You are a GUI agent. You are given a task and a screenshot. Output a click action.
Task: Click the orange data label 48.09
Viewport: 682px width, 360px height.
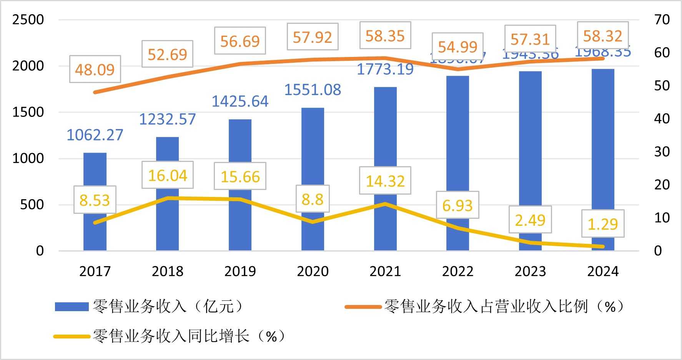point(95,70)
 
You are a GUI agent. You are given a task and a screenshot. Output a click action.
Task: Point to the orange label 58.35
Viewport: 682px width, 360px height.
point(385,36)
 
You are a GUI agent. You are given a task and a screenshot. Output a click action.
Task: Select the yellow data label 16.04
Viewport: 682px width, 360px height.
point(168,175)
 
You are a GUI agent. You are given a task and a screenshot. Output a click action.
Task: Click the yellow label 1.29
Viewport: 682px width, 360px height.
point(602,224)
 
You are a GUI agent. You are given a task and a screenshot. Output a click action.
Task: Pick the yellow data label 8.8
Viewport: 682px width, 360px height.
point(313,199)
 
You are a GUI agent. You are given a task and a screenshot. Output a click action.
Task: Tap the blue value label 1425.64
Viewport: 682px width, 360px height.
point(240,101)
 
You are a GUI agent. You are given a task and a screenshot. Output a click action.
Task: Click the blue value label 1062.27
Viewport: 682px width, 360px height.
point(95,135)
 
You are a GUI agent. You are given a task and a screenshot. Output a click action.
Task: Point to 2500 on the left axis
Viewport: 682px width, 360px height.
point(28,19)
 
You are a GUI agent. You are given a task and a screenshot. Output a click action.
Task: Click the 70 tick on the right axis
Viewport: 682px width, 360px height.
point(662,19)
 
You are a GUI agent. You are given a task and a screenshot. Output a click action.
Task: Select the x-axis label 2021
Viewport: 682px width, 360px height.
point(385,271)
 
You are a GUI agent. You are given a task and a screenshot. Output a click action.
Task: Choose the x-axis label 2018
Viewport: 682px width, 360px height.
point(168,271)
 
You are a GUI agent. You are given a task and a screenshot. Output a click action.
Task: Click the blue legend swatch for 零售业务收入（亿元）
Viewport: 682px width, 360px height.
point(72,307)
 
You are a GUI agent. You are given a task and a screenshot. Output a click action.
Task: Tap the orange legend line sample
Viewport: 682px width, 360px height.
point(363,307)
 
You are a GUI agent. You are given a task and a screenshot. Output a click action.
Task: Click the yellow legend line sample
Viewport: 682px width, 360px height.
point(72,337)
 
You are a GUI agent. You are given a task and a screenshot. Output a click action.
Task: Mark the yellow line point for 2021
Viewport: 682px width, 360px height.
point(385,203)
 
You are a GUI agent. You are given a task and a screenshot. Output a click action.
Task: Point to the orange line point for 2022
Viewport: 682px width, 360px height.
point(457,69)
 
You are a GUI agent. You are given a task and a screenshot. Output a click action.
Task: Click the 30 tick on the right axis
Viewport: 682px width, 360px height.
point(662,152)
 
